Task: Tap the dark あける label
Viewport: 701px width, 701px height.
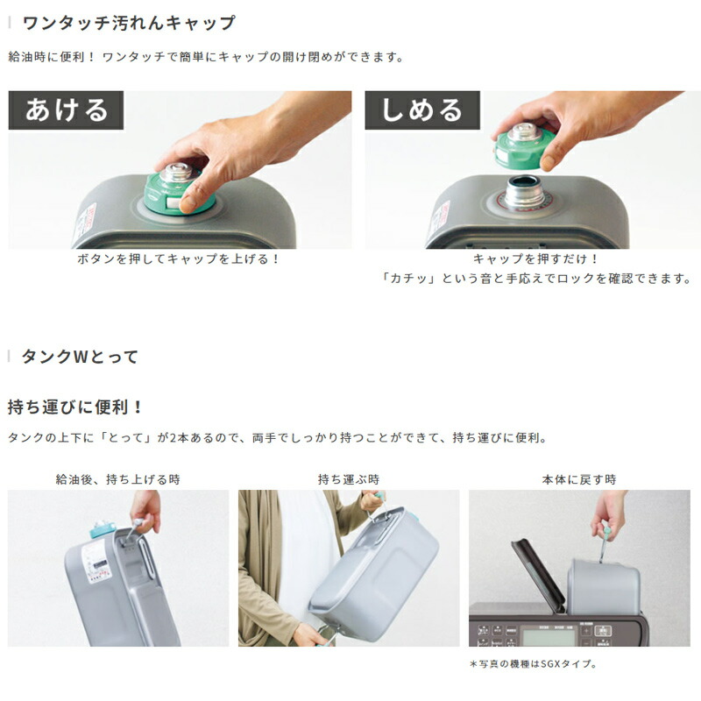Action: point(67,110)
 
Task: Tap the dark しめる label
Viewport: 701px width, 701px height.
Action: point(422,110)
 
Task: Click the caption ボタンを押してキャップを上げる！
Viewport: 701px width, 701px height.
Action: point(180,259)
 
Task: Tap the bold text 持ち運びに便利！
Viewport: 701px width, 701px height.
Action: point(75,407)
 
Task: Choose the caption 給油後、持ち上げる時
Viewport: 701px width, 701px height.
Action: point(118,479)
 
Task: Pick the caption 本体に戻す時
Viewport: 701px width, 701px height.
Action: point(579,479)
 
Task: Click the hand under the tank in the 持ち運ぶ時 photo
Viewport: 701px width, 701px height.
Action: point(306,634)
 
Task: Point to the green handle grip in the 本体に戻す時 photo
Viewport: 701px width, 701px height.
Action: point(605,531)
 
